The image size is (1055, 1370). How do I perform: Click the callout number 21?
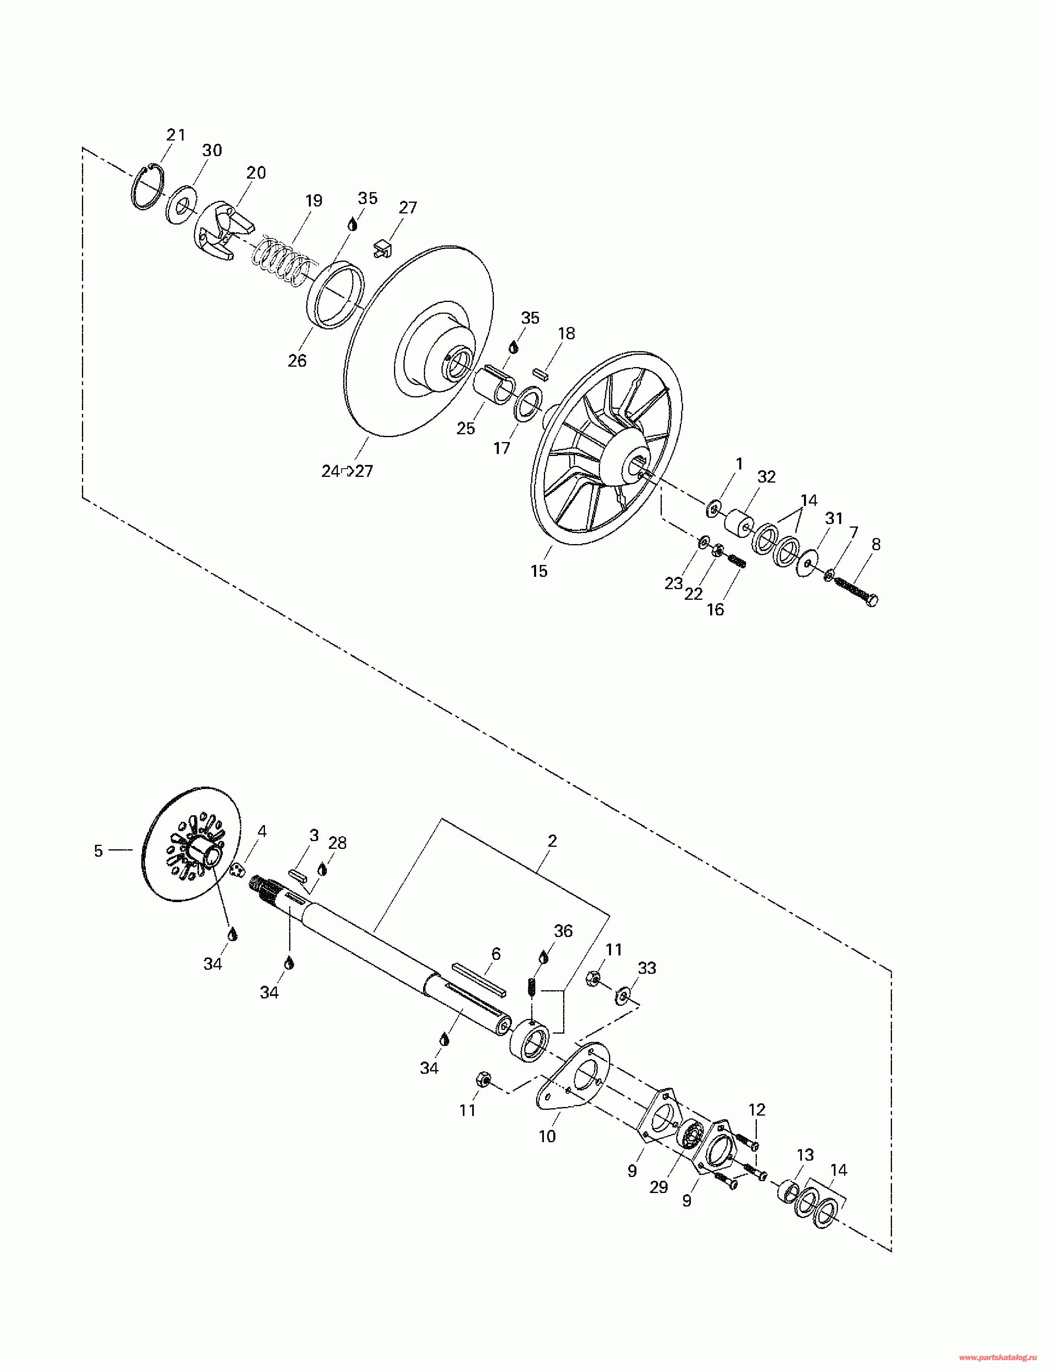tap(176, 135)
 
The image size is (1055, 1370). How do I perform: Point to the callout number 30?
tap(212, 150)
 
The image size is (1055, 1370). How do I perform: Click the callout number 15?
tap(539, 571)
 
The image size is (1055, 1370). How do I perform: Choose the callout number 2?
tap(552, 841)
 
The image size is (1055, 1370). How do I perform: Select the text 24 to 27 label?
tap(347, 471)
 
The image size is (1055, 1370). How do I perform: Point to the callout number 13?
tap(805, 1155)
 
